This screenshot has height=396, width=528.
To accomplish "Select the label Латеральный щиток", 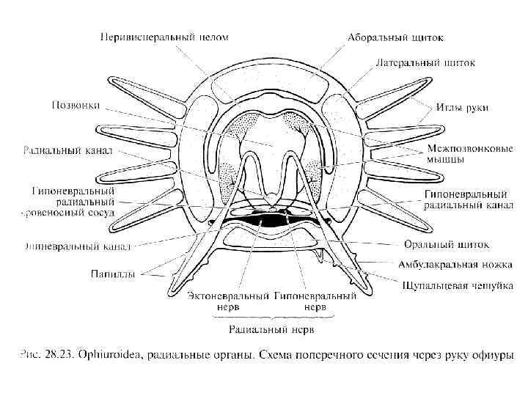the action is [x=425, y=63].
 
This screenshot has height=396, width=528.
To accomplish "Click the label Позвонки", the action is [x=76, y=105].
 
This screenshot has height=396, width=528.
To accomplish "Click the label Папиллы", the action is [x=112, y=275].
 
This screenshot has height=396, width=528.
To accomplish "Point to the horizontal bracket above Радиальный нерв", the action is [x=274, y=317].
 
